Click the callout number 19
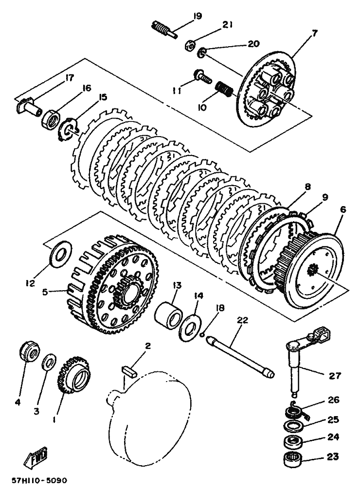coord(197,17)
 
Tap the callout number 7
coord(314,33)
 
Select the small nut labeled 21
coord(190,46)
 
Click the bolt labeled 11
coord(202,75)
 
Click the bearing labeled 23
coord(293,458)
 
